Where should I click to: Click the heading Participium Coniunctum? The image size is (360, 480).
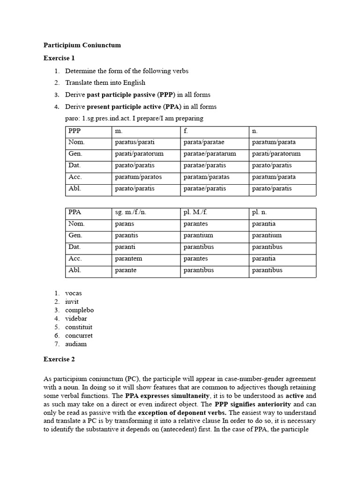pos(82,45)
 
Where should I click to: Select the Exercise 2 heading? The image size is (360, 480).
pos(59,360)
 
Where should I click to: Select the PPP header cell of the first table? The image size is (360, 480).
pos(75,131)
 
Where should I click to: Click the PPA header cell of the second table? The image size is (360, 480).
pos(75,212)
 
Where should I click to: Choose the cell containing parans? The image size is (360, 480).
pos(124,224)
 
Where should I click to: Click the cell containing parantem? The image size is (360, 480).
pos(128,259)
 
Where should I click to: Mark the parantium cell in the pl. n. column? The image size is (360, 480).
pos(267,235)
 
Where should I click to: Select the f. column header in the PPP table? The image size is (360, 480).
pos(186,131)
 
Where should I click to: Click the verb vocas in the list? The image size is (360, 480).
pos(73,293)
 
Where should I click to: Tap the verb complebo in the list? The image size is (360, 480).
pos(79,310)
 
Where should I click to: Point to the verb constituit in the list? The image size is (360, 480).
pos(79,327)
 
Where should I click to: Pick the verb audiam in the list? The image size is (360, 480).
pos(76,344)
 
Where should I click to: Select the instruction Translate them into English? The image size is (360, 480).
pos(102,82)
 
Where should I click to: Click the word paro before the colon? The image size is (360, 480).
pos(71,118)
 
